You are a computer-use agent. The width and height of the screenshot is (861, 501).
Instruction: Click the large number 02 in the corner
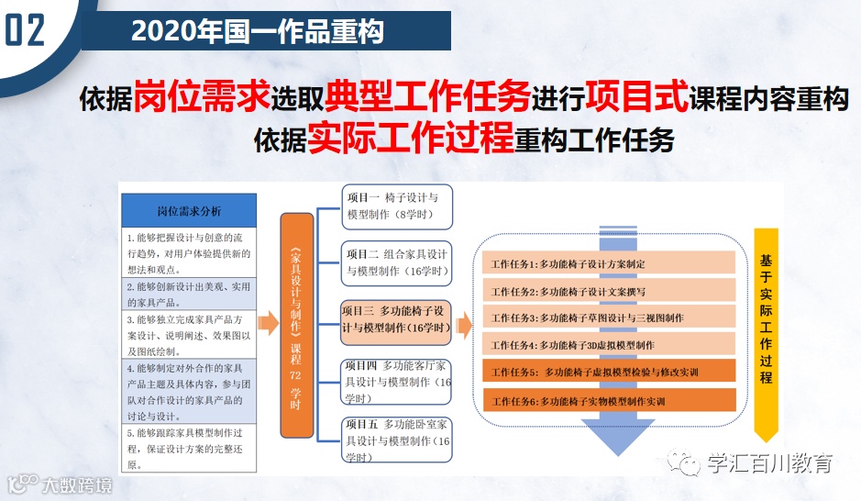tap(25, 30)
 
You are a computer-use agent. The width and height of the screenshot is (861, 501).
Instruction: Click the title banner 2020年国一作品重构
tap(257, 30)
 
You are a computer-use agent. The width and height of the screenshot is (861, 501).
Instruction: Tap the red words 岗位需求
tap(202, 95)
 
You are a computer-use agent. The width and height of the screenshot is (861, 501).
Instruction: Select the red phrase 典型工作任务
tap(427, 95)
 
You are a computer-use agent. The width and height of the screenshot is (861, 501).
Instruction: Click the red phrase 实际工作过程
tap(410, 138)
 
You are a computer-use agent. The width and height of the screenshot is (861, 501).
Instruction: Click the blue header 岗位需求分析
tap(189, 210)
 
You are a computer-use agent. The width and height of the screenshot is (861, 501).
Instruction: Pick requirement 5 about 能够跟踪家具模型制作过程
tap(189, 449)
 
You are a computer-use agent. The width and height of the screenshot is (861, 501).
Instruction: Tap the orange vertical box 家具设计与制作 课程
tap(294, 326)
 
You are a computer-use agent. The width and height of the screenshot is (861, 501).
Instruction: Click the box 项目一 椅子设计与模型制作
tap(398, 206)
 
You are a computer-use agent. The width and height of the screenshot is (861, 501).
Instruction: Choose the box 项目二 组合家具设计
tap(398, 262)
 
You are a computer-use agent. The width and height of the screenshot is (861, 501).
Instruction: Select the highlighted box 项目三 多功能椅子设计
tap(398, 319)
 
